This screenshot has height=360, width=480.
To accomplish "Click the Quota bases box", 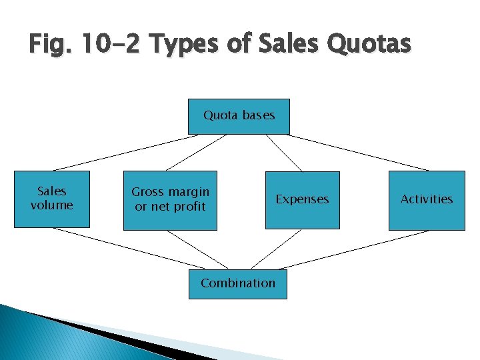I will tap(239, 116).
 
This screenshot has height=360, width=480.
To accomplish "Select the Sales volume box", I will tap(51, 199).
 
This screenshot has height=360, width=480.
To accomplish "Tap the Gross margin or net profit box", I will tap(170, 200).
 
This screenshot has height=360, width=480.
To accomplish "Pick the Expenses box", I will tap(302, 199).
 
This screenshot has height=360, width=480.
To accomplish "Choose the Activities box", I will tap(427, 199).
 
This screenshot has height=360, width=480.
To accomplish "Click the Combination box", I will tap(238, 283).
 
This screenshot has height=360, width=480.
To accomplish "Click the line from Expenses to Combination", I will tap(276, 249).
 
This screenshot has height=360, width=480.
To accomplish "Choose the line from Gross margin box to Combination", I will tap(197, 249).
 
